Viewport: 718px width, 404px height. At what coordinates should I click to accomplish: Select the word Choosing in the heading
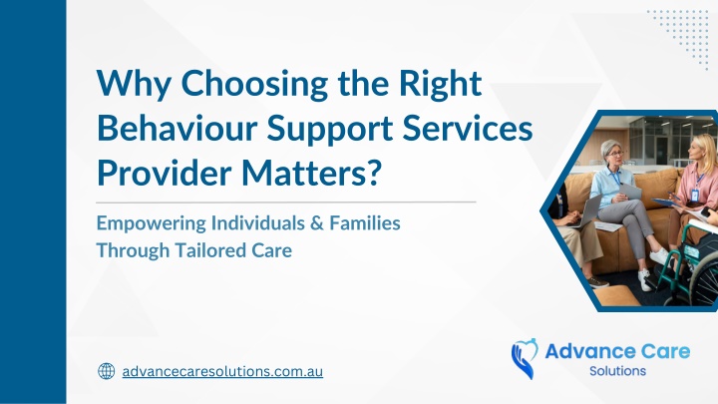254,85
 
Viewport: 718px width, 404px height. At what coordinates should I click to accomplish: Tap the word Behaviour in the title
178,129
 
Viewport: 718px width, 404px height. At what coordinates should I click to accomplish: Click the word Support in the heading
330,130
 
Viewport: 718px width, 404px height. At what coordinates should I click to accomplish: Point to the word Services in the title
468,129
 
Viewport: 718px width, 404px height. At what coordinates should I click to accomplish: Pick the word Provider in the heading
165,174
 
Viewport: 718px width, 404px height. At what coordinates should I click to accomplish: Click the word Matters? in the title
311,174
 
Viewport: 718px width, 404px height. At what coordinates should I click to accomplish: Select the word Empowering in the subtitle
152,224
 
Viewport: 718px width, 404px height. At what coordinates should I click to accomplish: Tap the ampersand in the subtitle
317,223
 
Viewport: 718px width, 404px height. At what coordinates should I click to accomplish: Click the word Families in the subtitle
365,223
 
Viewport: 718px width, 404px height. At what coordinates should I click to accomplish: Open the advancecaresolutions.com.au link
222,371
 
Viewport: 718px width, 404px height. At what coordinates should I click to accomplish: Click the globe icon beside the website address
107,371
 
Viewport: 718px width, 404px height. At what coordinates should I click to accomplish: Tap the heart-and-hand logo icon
525,358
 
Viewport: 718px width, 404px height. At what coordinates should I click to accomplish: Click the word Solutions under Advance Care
617,371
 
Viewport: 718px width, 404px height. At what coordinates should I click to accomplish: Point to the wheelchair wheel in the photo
703,280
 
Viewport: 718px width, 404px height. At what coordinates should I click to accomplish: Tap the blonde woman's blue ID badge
695,196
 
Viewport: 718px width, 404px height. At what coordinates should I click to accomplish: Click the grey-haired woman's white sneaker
659,256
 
